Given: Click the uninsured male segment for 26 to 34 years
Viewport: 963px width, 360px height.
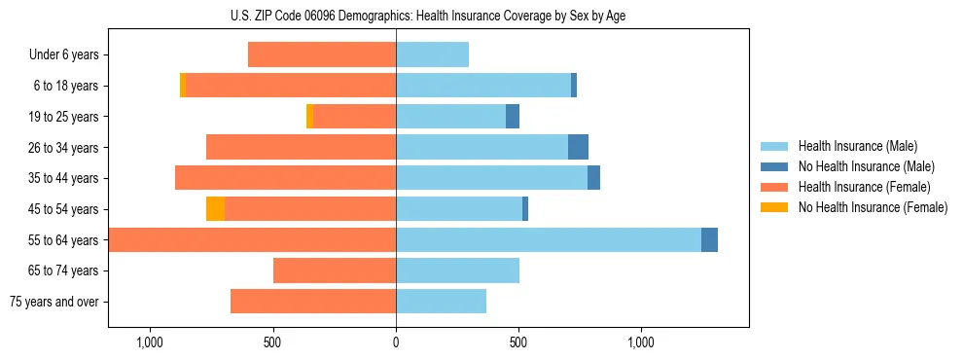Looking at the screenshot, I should click(x=578, y=147).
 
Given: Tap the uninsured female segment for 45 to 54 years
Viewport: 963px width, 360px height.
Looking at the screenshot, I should click(x=215, y=208).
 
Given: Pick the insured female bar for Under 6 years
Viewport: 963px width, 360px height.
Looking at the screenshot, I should click(x=322, y=54).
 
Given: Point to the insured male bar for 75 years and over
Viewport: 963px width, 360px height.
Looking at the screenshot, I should click(x=441, y=302).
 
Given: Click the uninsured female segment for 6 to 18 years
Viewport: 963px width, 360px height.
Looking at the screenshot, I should click(x=183, y=86).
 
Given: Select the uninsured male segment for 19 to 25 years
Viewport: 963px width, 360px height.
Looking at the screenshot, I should click(x=513, y=116).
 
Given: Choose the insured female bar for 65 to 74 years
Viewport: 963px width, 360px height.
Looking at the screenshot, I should click(x=335, y=270).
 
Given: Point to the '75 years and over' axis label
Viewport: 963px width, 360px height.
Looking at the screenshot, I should click(x=54, y=302).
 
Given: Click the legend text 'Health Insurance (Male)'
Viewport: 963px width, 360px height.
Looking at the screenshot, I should click(x=857, y=146).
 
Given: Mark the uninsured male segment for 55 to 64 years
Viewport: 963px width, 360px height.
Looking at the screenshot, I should click(x=709, y=239).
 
